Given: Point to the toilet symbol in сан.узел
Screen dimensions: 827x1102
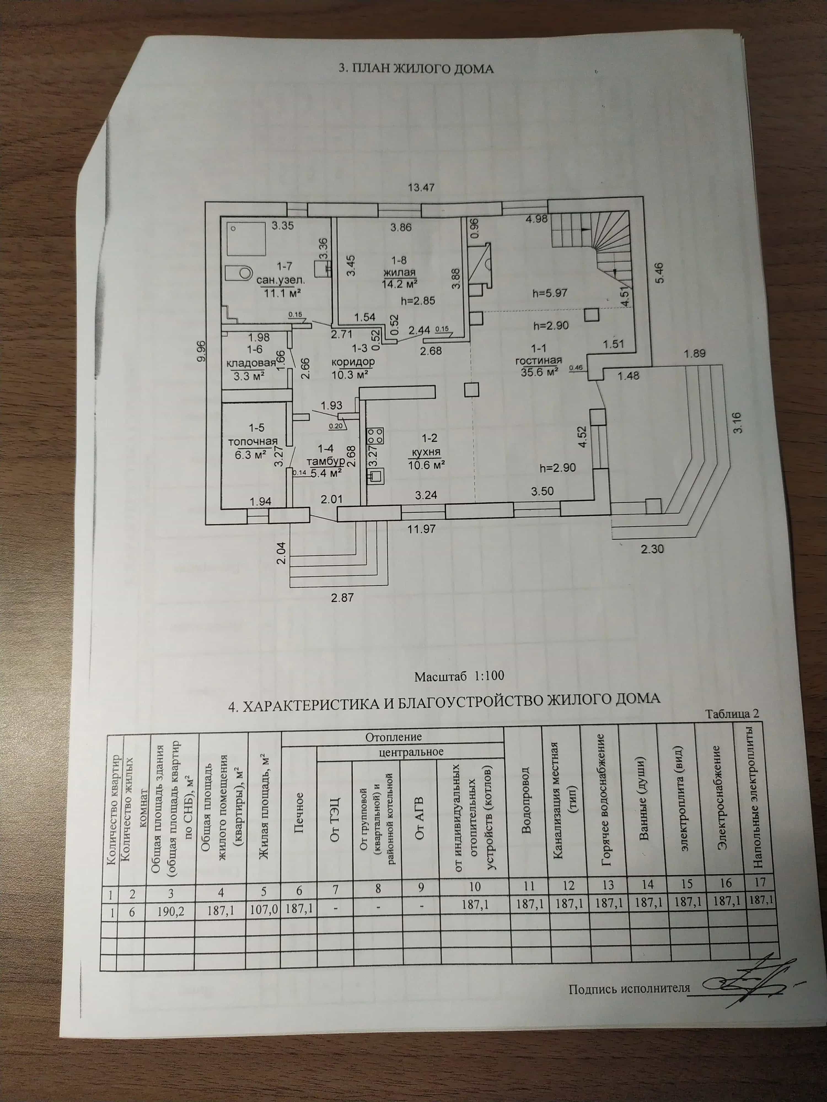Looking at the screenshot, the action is pyautogui.click(x=238, y=273).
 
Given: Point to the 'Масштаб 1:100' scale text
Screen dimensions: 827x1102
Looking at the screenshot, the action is pyautogui.click(x=459, y=676).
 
